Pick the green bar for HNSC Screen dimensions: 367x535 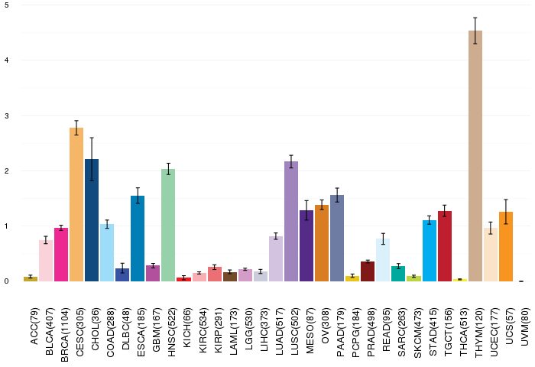pyautogui.click(x=168, y=225)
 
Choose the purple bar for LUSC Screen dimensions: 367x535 pyautogui.click(x=291, y=221)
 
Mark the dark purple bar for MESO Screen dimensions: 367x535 pyautogui.click(x=306, y=245)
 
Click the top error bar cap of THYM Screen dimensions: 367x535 pyautogui.click(x=475, y=18)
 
